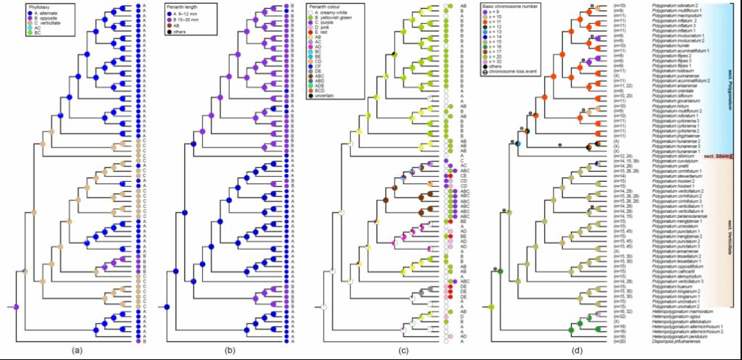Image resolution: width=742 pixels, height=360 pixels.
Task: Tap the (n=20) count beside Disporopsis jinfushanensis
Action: click(621, 341)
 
